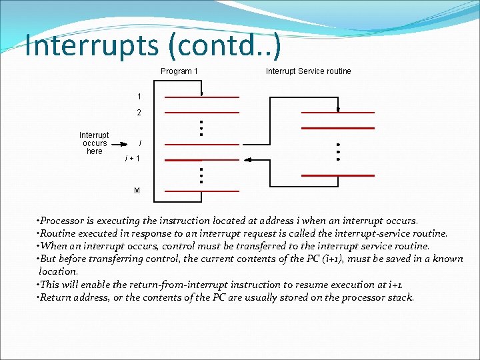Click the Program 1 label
click(x=179, y=71)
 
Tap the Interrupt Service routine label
click(x=308, y=71)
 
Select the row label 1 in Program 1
click(x=139, y=97)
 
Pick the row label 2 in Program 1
click(x=139, y=113)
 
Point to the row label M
click(x=137, y=191)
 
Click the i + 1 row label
click(x=133, y=159)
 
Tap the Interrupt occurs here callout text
click(x=94, y=143)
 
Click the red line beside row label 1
click(x=201, y=97)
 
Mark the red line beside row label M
click(x=201, y=191)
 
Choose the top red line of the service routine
click(x=337, y=111)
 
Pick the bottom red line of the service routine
click(x=337, y=175)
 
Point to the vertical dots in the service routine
click(x=337, y=152)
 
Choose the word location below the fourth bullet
click(x=59, y=271)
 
